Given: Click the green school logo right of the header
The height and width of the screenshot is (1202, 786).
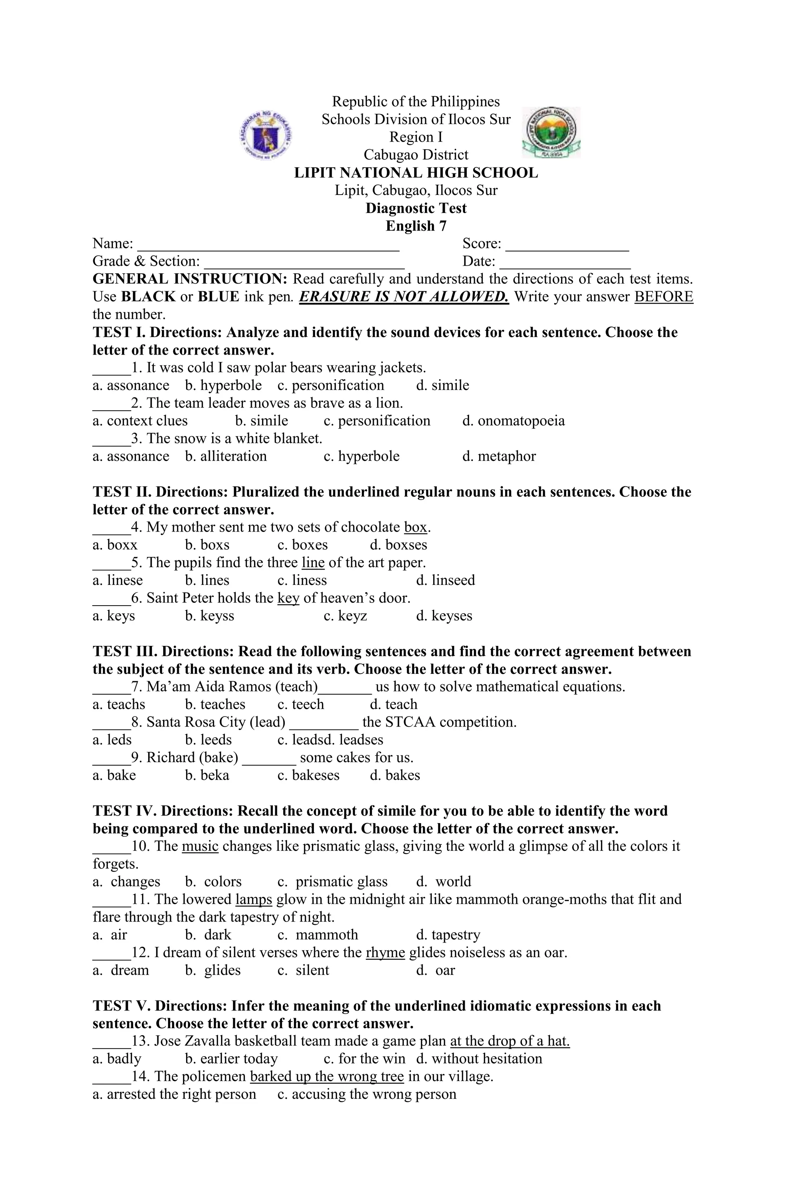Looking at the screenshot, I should pyautogui.click(x=551, y=132).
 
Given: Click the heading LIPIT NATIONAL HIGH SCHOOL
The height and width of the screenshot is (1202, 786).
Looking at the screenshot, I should pyautogui.click(x=416, y=173).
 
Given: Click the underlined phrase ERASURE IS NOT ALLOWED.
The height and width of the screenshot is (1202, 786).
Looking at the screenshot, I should pyautogui.click(x=404, y=297).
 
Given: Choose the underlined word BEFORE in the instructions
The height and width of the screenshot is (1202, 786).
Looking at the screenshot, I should pyautogui.click(x=663, y=297).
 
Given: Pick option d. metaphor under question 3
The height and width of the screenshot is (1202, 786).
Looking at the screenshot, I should pyautogui.click(x=499, y=457).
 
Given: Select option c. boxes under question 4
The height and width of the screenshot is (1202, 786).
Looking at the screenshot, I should pyautogui.click(x=302, y=545).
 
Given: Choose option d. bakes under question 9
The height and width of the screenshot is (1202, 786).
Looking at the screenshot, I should pyautogui.click(x=395, y=775).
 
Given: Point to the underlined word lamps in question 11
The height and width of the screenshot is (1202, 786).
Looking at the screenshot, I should pyautogui.click(x=254, y=900).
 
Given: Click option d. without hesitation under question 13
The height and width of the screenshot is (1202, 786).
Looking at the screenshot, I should pyautogui.click(x=479, y=1059).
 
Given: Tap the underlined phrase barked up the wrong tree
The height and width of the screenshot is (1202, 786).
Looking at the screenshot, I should pyautogui.click(x=327, y=1077).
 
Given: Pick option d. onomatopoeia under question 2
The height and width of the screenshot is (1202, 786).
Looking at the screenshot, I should pyautogui.click(x=513, y=421).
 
